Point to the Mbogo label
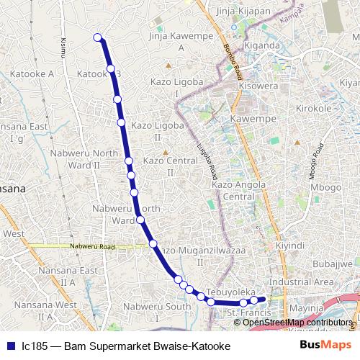click(x=326, y=187)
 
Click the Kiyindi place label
click(x=291, y=245)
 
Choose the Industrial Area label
click(x=301, y=282)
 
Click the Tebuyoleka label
click(x=232, y=292)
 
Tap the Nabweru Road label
click(x=93, y=247)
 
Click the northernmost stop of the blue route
click(x=98, y=38)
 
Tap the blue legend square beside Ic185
click(x=11, y=346)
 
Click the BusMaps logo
click(x=326, y=345)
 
